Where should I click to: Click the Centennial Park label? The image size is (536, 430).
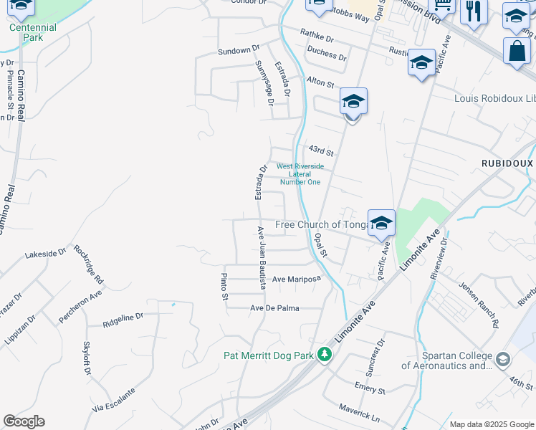point(32,32)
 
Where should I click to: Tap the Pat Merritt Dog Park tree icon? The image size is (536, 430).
point(325,355)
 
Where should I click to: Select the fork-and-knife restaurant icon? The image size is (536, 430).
point(473,12)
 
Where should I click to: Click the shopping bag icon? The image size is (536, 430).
point(516,52)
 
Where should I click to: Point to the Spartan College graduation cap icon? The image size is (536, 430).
point(503,358)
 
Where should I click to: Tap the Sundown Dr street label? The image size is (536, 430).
point(238,51)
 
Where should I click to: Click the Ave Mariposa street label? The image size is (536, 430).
point(295,279)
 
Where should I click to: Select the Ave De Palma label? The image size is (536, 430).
point(274,308)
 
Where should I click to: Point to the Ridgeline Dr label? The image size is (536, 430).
point(123,317)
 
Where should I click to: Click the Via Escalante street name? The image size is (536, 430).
point(113,400)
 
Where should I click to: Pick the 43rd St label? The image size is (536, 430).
point(321,152)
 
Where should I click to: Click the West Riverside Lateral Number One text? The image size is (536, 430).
point(300,174)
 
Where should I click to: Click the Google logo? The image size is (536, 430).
point(24,421)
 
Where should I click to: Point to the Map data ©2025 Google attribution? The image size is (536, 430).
point(492,424)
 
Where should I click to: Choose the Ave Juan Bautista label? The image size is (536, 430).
point(262,257)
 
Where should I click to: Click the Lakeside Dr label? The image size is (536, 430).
point(45,253)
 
